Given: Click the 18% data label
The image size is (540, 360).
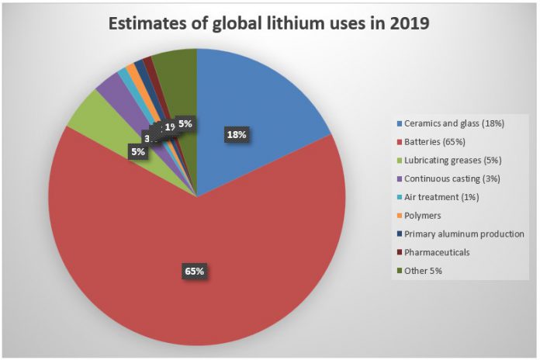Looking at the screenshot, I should [236, 135].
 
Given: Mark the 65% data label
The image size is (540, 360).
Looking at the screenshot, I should [194, 271].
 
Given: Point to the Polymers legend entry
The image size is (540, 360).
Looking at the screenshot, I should [425, 216].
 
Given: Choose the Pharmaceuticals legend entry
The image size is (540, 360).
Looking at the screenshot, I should [437, 252].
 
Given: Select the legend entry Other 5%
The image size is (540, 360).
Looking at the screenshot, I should [424, 270].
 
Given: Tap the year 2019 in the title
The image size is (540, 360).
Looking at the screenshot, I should [408, 25].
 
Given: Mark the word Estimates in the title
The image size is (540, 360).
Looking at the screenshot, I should [150, 25].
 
